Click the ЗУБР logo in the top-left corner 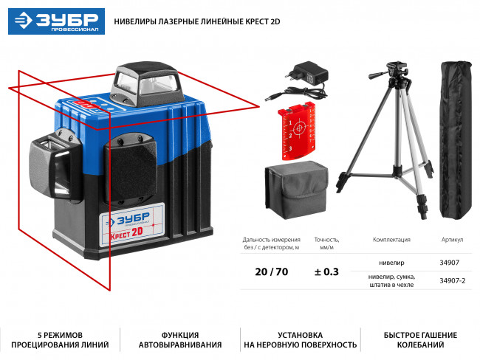point(55,21)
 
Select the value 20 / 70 point(270,271)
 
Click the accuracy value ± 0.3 point(326,271)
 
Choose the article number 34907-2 point(452,280)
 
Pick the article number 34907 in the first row point(448,262)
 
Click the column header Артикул point(451,240)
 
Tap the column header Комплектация point(391,240)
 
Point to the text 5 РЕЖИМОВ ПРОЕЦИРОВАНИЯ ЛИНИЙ point(60,339)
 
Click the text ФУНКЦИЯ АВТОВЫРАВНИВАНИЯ point(180,339)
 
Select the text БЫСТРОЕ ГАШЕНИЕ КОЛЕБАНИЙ point(419,339)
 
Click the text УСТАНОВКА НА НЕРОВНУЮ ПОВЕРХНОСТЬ point(300,339)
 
